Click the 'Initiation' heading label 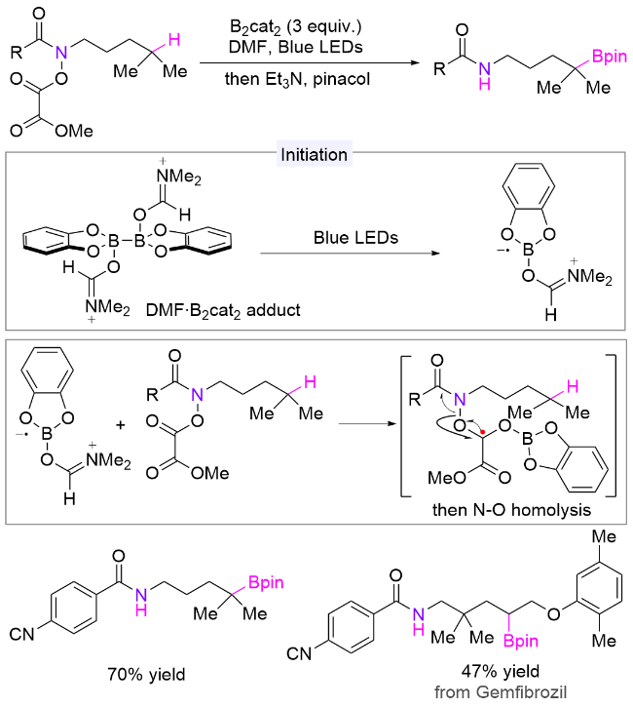coord(314,155)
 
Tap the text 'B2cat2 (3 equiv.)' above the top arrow coord(296,27)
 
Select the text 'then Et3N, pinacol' coord(298,79)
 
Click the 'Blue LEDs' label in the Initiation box coord(355,238)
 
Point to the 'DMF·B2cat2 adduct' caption coord(223,311)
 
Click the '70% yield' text coord(146,675)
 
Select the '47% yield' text coord(501,671)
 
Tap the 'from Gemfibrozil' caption coord(501,691)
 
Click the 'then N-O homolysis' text coord(511,510)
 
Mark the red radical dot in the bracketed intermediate coord(483,432)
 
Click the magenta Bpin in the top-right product coord(609,57)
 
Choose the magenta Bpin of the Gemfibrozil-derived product coord(521,641)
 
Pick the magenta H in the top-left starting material coord(174,40)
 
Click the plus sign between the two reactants coord(121,425)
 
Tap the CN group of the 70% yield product coord(21,634)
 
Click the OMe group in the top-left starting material coord(74,131)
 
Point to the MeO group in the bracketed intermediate coord(446,477)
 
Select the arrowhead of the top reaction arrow coord(416,62)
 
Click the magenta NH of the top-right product coord(485,76)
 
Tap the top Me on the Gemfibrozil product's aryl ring coord(604,537)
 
